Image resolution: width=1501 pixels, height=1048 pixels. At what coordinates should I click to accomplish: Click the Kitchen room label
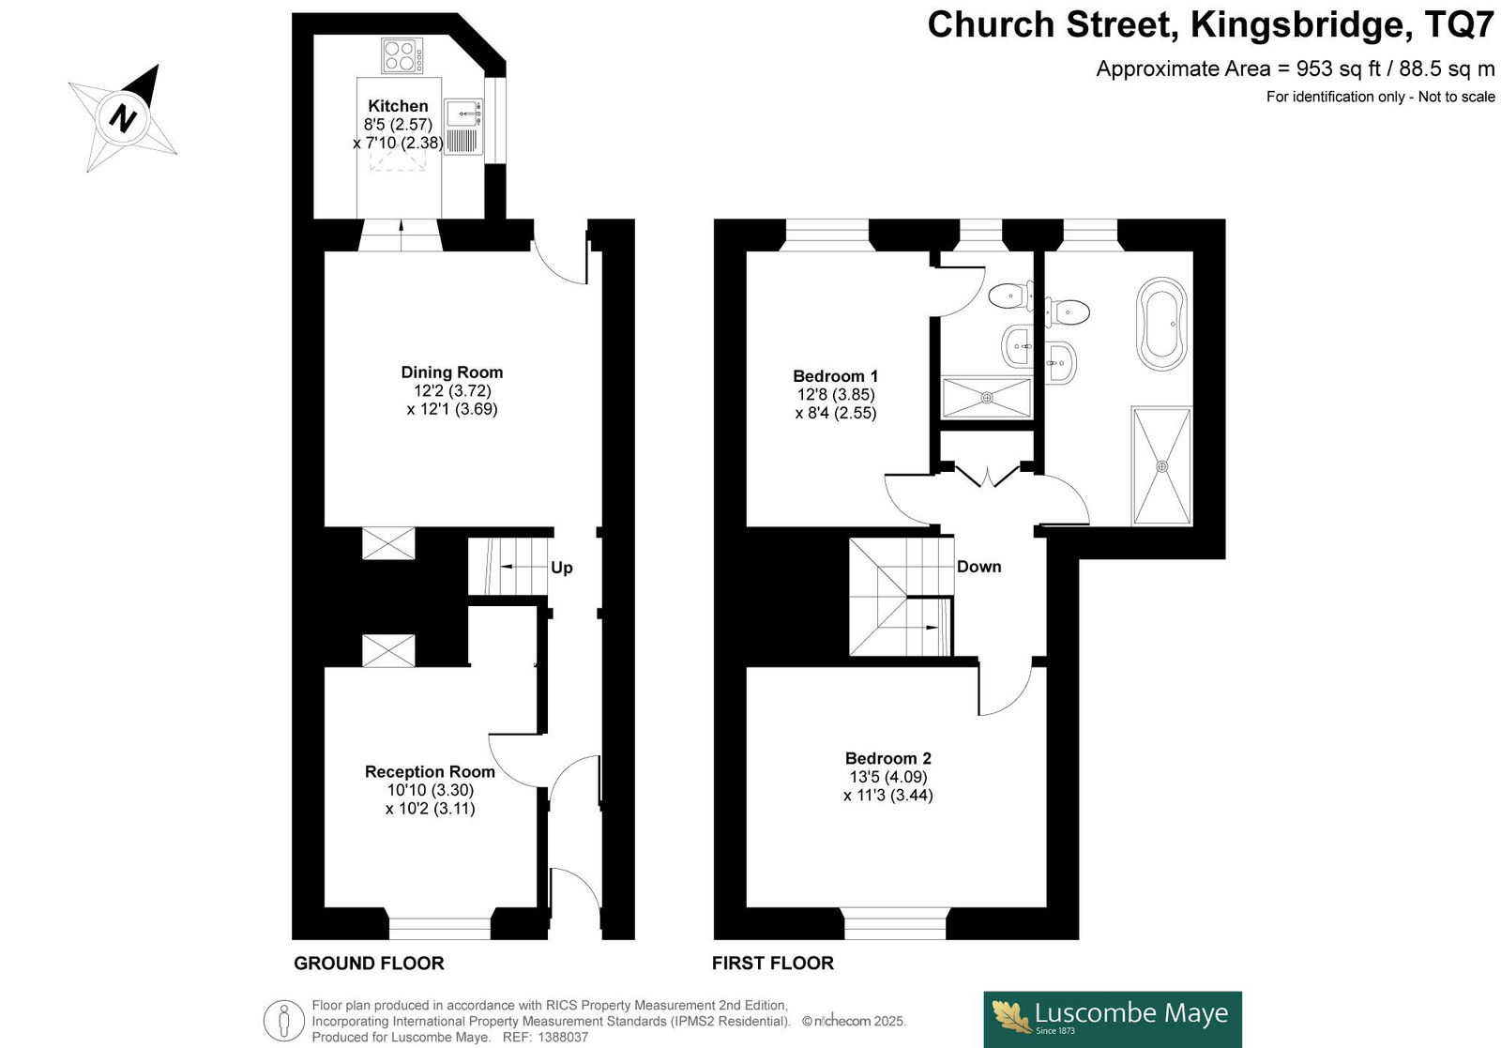[x=398, y=106]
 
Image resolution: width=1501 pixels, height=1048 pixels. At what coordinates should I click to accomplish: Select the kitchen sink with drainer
[x=463, y=128]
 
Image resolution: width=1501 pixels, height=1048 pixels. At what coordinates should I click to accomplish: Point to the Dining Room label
[x=451, y=372]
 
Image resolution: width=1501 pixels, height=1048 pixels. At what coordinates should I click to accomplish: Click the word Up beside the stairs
[x=562, y=569]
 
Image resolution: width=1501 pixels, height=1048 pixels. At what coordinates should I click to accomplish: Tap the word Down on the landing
[x=979, y=567]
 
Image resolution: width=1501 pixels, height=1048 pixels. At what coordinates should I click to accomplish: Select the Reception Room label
[x=430, y=772]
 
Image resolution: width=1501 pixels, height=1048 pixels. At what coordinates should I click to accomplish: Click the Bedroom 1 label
[x=835, y=376]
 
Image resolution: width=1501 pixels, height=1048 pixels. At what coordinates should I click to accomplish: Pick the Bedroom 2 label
[x=887, y=758]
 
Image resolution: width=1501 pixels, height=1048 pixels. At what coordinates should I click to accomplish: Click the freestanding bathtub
[x=1161, y=324]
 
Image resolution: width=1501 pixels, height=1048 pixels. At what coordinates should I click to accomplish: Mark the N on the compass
[x=123, y=118]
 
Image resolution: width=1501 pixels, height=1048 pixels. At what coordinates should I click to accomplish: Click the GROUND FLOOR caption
[x=369, y=964]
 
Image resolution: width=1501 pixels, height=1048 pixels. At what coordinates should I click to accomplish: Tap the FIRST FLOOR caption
[x=773, y=964]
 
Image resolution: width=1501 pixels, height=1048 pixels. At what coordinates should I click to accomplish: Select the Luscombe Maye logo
[x=1113, y=1019]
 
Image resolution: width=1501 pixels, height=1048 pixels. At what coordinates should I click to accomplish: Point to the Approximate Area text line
[x=1296, y=69]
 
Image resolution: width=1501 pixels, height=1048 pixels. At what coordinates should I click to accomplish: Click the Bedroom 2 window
[x=895, y=923]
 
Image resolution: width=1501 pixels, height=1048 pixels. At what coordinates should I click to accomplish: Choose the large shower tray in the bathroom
[x=1161, y=465]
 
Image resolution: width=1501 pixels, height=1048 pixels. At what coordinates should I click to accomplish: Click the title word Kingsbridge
[x=1296, y=25]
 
